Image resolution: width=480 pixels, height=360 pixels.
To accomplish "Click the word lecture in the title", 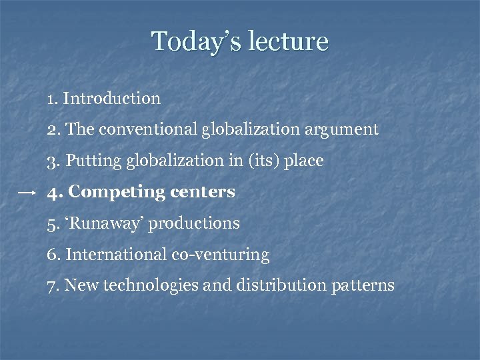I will (x=288, y=41).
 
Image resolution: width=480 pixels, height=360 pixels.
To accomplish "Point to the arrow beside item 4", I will (x=27, y=192).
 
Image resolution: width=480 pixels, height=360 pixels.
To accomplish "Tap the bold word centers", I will (x=203, y=192).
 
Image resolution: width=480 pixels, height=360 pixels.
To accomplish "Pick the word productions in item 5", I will (x=194, y=223).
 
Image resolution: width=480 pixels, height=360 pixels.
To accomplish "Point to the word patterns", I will (x=364, y=286).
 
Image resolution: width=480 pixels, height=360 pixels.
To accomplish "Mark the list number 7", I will (x=52, y=286).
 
